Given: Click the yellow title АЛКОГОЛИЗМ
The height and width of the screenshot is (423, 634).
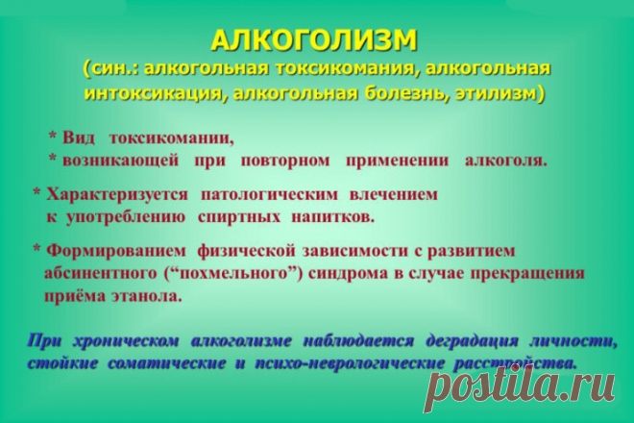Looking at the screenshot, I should click(x=315, y=40).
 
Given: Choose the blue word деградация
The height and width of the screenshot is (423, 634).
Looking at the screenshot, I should click(x=471, y=341).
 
